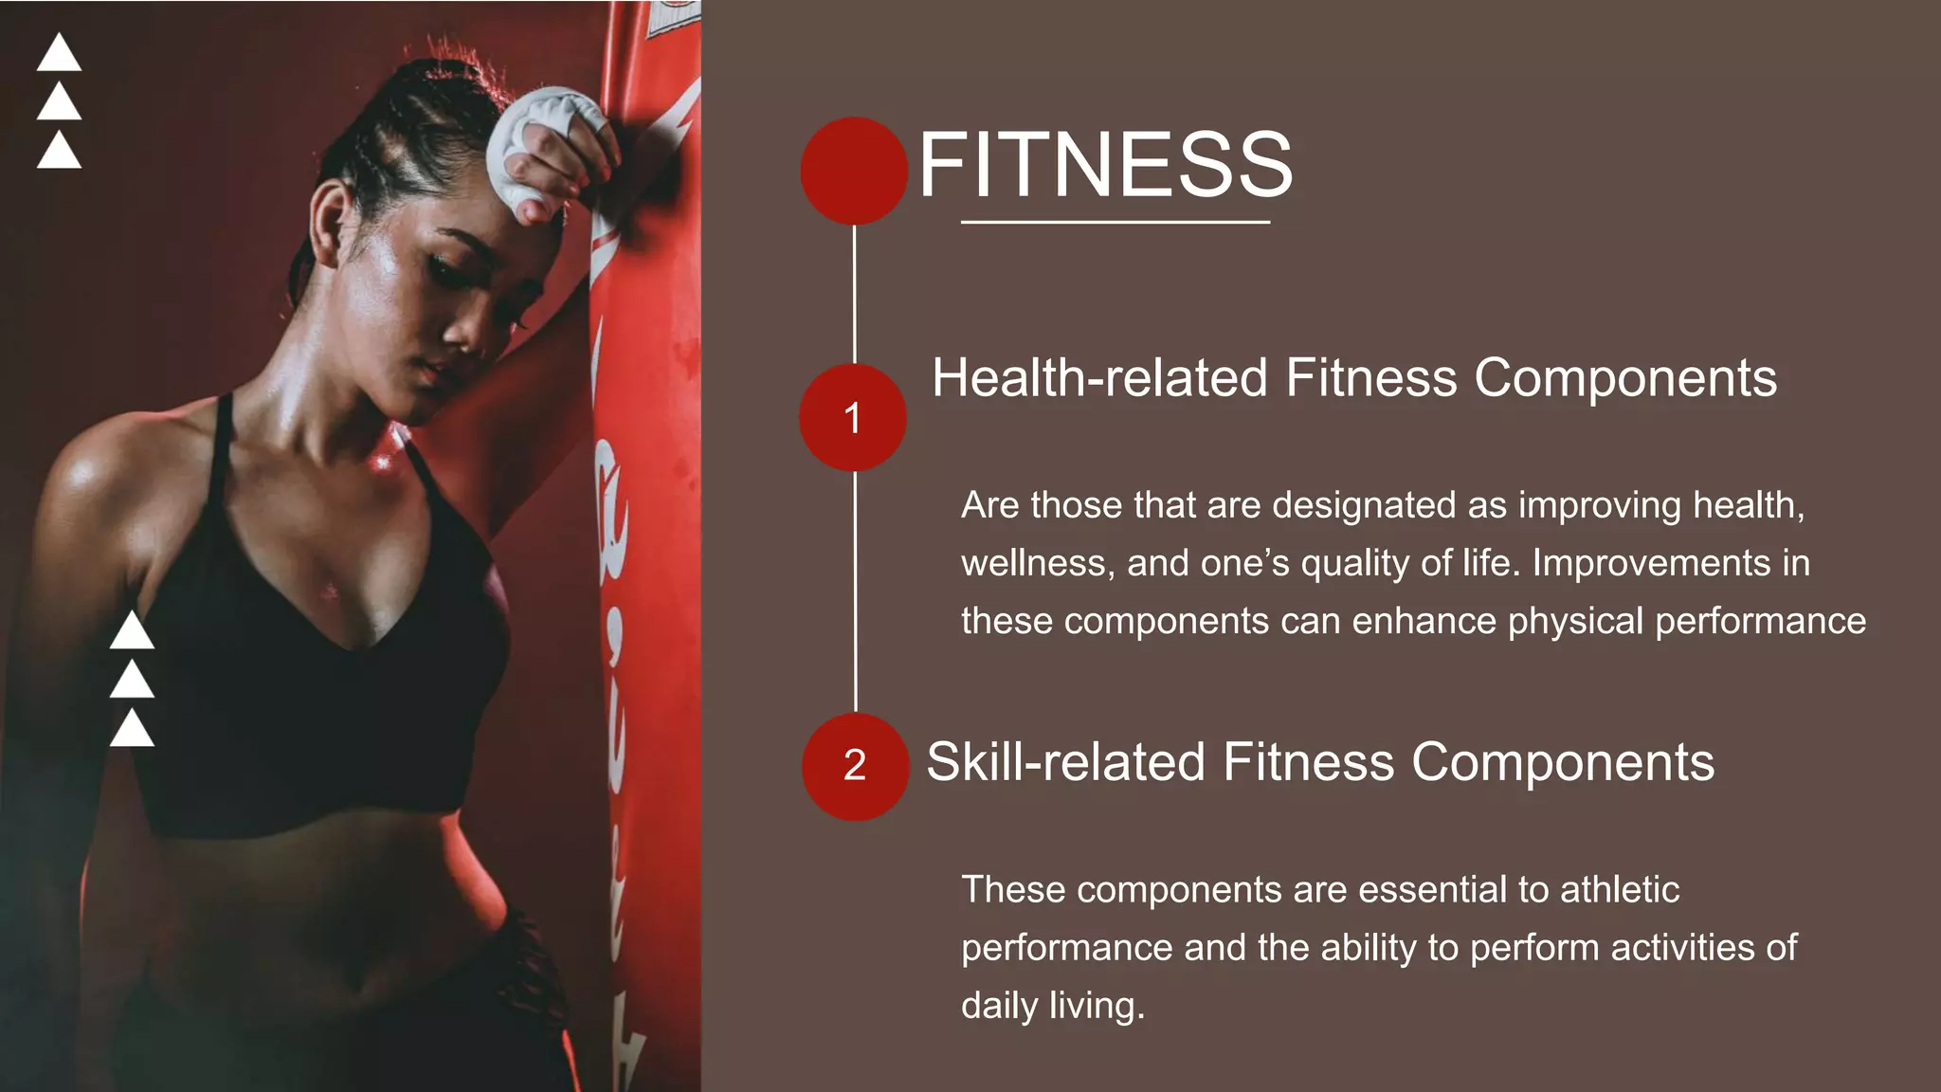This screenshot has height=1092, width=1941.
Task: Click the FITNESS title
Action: (x=1105, y=165)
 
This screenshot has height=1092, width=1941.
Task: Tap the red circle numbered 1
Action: (x=853, y=417)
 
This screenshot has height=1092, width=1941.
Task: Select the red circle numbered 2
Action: (x=855, y=766)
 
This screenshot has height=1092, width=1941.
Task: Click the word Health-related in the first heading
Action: (x=1099, y=377)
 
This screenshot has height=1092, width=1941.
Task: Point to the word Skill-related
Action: (x=1065, y=762)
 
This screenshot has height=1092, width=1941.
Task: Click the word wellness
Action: (x=1037, y=563)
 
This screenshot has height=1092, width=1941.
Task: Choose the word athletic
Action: (x=1619, y=889)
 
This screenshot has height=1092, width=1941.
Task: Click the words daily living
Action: (x=1052, y=1006)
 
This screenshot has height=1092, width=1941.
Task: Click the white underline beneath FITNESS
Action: (x=1115, y=222)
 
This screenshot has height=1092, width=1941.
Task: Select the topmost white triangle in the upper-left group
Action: (x=59, y=54)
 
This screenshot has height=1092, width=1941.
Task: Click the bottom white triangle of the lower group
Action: (x=132, y=730)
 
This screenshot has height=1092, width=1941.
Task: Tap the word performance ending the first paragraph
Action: (x=1760, y=621)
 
